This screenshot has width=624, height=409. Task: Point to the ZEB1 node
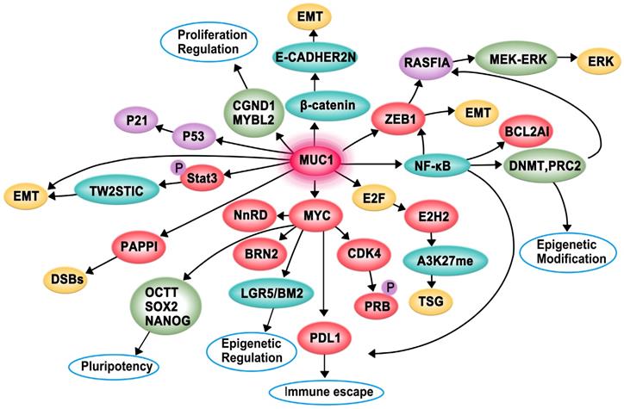tap(399, 114)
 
